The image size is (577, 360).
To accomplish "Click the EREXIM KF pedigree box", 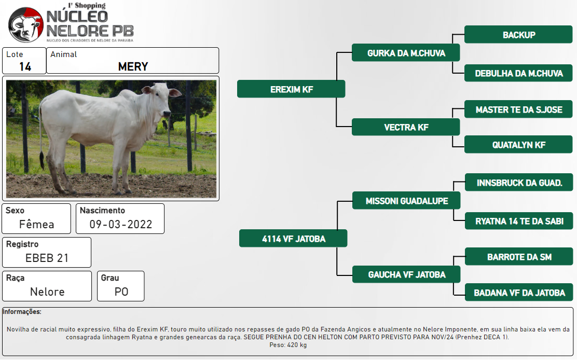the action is pyautogui.click(x=291, y=89).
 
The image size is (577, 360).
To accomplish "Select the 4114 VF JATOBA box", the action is pyautogui.click(x=293, y=239).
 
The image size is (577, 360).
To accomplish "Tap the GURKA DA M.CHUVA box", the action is pyautogui.click(x=406, y=53).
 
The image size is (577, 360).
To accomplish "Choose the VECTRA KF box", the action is pyautogui.click(x=406, y=127).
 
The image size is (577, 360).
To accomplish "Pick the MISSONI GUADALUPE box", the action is pyautogui.click(x=406, y=201).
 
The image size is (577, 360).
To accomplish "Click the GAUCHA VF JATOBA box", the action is pyautogui.click(x=406, y=274).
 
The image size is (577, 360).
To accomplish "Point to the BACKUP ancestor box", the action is pyautogui.click(x=518, y=35).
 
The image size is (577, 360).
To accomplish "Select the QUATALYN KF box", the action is pyautogui.click(x=518, y=145).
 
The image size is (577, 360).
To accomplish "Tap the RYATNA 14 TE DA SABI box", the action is pyautogui.click(x=519, y=221).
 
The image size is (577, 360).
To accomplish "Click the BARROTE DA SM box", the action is pyautogui.click(x=519, y=257).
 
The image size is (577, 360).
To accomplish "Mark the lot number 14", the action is pyautogui.click(x=25, y=66).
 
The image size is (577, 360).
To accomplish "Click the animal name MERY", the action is pyautogui.click(x=133, y=66).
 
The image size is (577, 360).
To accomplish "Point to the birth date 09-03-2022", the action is pyautogui.click(x=121, y=224).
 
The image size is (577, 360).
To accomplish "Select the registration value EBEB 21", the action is pyautogui.click(x=47, y=258).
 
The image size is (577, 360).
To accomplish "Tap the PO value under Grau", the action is pyautogui.click(x=121, y=292).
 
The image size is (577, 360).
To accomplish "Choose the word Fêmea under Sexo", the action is pyautogui.click(x=36, y=224).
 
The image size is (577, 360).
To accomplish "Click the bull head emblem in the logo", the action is pyautogui.click(x=26, y=24).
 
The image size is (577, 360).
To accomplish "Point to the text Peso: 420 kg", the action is pyautogui.click(x=288, y=345).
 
